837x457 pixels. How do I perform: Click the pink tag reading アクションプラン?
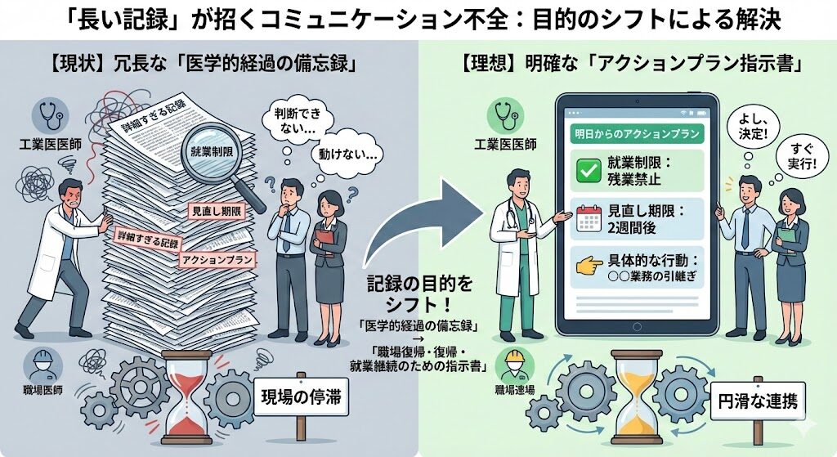click(217, 259)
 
